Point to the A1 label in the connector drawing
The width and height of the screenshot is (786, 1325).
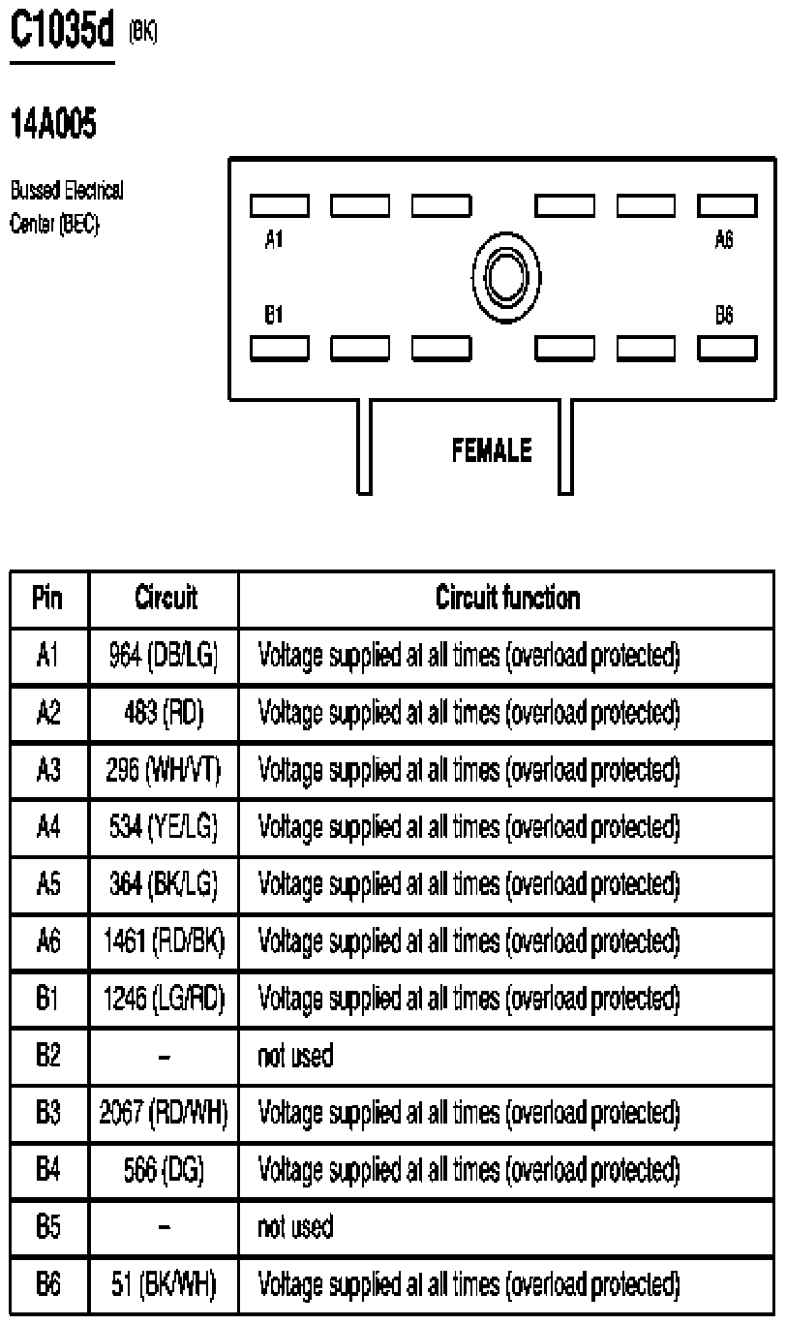274,239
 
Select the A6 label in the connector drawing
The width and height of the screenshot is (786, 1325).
723,239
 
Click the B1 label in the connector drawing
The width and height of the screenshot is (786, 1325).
274,316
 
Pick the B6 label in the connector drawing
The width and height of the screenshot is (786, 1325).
723,316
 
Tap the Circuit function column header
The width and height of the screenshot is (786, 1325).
507,600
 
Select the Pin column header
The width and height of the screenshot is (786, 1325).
48,600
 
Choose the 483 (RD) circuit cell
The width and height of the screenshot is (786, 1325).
164,714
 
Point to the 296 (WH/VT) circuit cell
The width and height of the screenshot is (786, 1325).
164,771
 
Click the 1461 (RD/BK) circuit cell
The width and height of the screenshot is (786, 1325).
164,941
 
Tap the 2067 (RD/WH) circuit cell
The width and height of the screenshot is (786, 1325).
164,1113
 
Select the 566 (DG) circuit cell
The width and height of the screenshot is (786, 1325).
164,1170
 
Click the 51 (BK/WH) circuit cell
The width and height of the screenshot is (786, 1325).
164,1284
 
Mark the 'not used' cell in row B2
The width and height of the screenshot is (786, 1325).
295,1057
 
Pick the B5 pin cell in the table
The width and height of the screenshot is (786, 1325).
48,1227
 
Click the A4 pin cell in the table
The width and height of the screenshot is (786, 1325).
48,828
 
